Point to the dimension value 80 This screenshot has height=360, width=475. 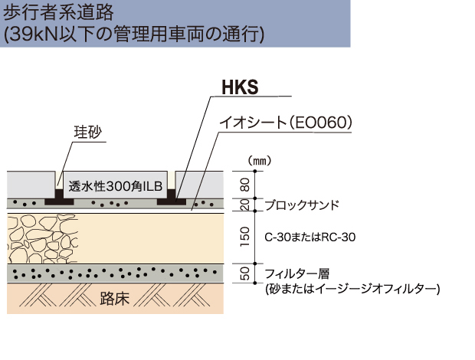(x=245, y=184)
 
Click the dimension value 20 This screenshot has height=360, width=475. (x=245, y=205)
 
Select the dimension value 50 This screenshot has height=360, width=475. (x=245, y=273)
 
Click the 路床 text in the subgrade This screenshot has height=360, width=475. (x=115, y=298)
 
